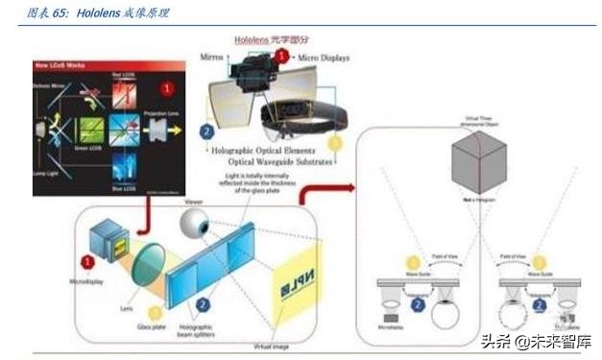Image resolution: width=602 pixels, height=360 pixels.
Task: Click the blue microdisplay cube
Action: [106, 240]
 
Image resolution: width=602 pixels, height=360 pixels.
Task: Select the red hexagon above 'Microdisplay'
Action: [87, 261]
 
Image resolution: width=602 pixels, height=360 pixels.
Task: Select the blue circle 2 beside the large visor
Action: [206, 131]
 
